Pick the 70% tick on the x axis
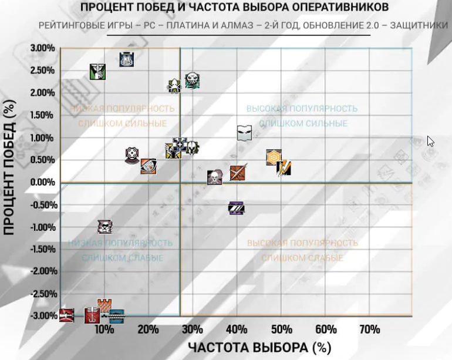pos(370,329)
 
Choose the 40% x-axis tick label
pos(237,329)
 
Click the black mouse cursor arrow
pos(430,142)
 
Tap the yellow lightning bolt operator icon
pos(284,168)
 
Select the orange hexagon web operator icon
pos(274,157)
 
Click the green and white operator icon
pos(97,72)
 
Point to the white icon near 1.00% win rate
pos(244,133)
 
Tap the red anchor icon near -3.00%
pos(92,315)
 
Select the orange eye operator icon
pos(149,167)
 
